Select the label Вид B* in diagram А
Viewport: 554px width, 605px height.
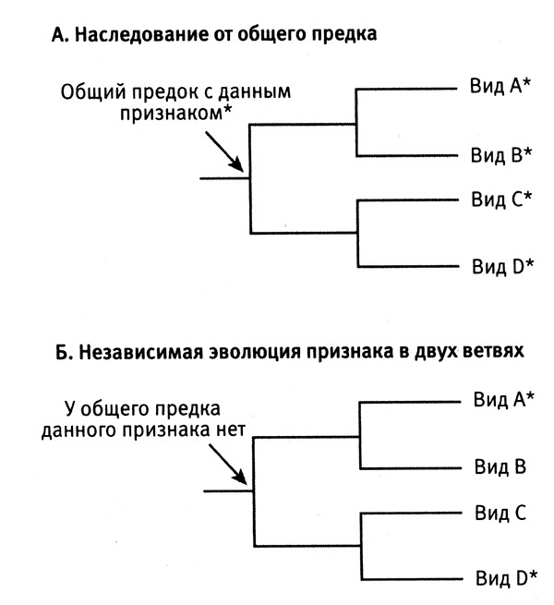coord(500,153)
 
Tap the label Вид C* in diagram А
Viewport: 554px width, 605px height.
coord(500,200)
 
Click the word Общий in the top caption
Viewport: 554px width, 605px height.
coord(90,92)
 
